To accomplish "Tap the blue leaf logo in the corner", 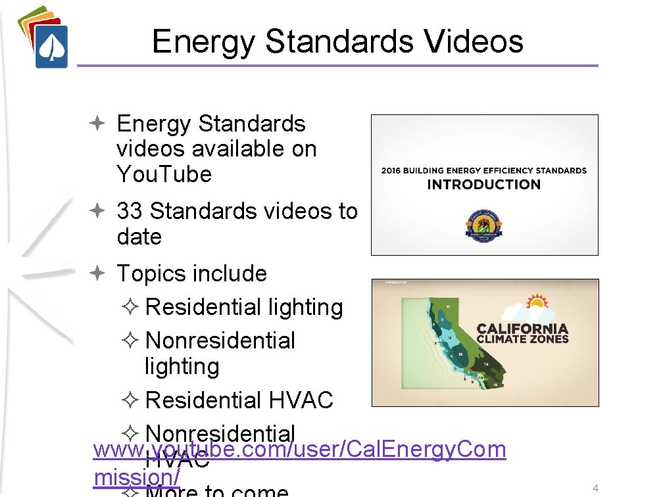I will [x=51, y=47].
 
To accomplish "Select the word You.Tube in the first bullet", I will [x=164, y=174].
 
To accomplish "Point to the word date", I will [x=139, y=237].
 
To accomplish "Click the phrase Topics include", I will [x=191, y=273].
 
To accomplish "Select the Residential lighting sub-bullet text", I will [x=243, y=307].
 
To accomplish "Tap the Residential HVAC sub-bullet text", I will [x=239, y=400].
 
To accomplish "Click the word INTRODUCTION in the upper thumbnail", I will [x=483, y=185].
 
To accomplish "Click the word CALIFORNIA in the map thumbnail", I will [x=522, y=328].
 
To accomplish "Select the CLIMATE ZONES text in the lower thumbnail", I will [x=522, y=339].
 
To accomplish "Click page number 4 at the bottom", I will [x=595, y=488].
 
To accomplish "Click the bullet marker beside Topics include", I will [x=96, y=273].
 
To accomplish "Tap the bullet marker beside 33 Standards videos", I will [x=96, y=211].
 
